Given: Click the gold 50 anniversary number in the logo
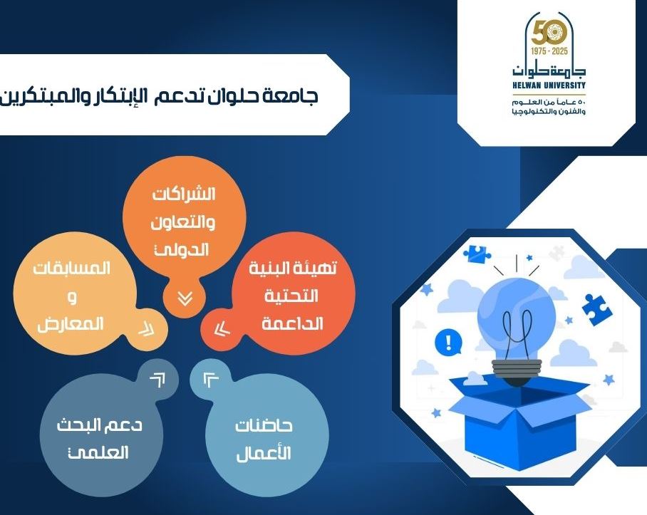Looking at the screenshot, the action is (549, 33).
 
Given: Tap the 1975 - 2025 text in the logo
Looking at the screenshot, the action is (549, 51).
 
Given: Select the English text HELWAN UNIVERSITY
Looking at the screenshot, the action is (549, 85).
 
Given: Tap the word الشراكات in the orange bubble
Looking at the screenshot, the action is (184, 194).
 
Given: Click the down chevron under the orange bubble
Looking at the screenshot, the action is (185, 298).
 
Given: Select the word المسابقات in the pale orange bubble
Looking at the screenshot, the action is (72, 269).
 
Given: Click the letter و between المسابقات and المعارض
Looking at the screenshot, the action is (72, 297).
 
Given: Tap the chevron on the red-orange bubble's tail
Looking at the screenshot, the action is (222, 330).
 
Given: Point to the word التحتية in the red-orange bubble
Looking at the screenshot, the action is (291, 296).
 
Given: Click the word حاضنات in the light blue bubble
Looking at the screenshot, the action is (264, 425).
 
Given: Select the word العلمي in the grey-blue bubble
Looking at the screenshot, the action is (98, 453).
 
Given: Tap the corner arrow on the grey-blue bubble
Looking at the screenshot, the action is (157, 380).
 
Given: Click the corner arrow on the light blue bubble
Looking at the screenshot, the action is (211, 380).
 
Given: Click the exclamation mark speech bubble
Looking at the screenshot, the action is (448, 342).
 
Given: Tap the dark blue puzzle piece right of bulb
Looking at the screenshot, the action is (596, 310).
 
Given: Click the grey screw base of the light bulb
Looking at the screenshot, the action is (516, 368).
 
